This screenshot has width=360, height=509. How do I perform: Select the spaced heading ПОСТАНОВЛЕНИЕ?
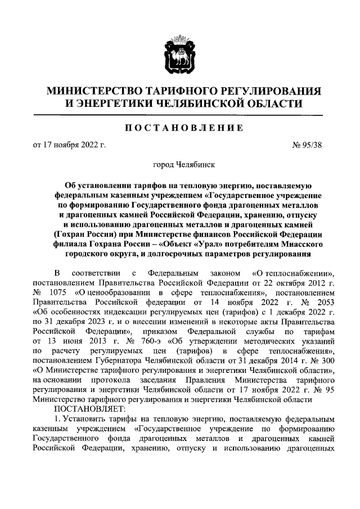pos(179,128)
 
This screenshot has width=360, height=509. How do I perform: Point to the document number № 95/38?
pos(309,146)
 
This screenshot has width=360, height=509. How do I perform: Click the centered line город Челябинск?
pos(179,165)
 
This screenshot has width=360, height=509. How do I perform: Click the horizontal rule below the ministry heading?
pos(179,115)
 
